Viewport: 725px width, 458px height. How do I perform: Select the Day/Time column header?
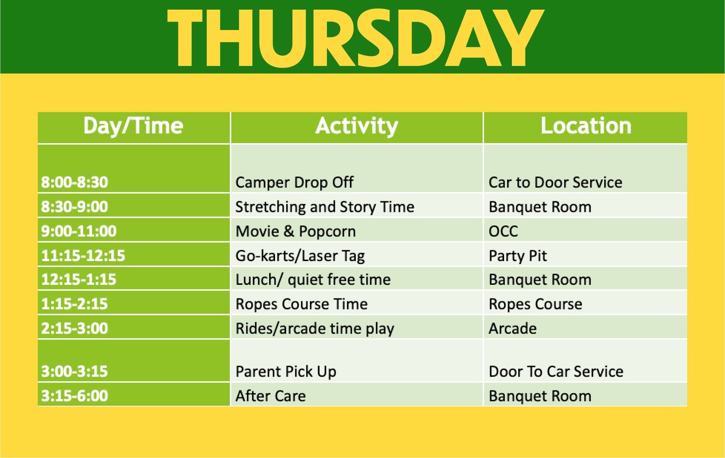[x=133, y=126]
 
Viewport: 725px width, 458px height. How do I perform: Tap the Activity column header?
[x=357, y=126]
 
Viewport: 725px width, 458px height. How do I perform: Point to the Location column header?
[x=585, y=126]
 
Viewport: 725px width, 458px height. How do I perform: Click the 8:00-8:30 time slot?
[x=74, y=182]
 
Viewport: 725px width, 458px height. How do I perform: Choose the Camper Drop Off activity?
[x=294, y=182]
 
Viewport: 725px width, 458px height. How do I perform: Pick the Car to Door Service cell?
[x=555, y=182]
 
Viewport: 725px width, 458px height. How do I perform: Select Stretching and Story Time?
[x=324, y=207]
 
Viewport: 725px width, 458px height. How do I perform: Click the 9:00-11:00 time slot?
[x=79, y=231]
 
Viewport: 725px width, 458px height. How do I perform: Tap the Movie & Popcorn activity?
[x=295, y=231]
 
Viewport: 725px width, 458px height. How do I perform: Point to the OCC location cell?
[x=503, y=231]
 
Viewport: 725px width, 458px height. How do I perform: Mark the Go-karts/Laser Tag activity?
[x=300, y=255]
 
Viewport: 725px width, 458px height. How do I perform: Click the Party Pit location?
[x=518, y=255]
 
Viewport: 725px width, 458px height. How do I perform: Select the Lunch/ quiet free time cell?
[x=313, y=280]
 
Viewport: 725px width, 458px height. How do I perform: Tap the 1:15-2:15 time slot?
[x=74, y=304]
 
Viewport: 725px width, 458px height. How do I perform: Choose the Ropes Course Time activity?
[x=301, y=304]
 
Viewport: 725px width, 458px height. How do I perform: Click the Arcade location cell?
[x=512, y=328]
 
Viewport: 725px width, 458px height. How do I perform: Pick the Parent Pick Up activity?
[x=286, y=371]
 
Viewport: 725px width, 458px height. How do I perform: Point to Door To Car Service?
[x=556, y=371]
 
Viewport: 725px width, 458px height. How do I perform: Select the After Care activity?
[x=270, y=396]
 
